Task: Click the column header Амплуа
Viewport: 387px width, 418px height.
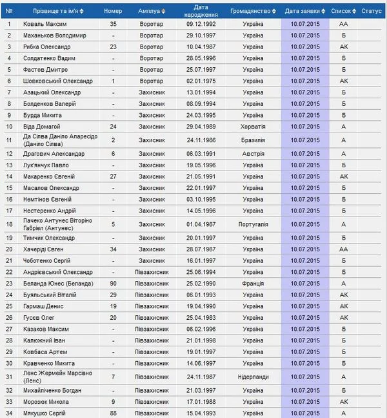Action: tap(149, 11)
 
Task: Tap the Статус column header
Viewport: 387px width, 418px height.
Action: tap(372, 11)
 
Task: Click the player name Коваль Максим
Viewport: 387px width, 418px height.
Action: tap(46, 24)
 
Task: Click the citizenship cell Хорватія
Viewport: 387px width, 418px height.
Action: tap(253, 126)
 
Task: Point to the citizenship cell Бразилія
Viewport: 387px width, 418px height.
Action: tap(253, 140)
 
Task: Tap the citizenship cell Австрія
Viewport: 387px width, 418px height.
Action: tap(253, 154)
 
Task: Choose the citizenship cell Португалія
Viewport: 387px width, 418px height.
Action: tap(253, 224)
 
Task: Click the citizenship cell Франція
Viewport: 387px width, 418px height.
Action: tap(253, 284)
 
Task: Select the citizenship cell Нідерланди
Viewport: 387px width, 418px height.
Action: tap(253, 377)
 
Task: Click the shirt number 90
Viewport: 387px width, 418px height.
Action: tap(113, 284)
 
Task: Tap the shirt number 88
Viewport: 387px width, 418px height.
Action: tap(113, 413)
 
